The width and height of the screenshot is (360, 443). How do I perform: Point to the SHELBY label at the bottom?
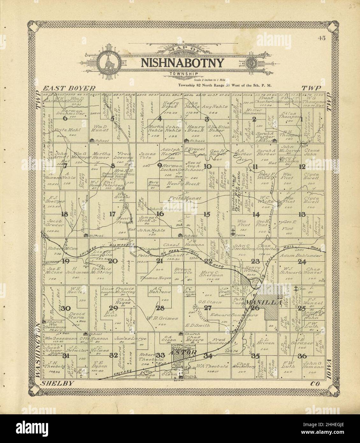(x=56, y=384)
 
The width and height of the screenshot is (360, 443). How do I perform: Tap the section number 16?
(x=160, y=214)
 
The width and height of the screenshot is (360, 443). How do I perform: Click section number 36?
(x=302, y=356)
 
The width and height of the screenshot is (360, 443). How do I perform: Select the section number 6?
(x=65, y=118)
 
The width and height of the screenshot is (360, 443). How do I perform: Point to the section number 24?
(x=302, y=262)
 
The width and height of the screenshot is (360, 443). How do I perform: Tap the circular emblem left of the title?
(x=108, y=63)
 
